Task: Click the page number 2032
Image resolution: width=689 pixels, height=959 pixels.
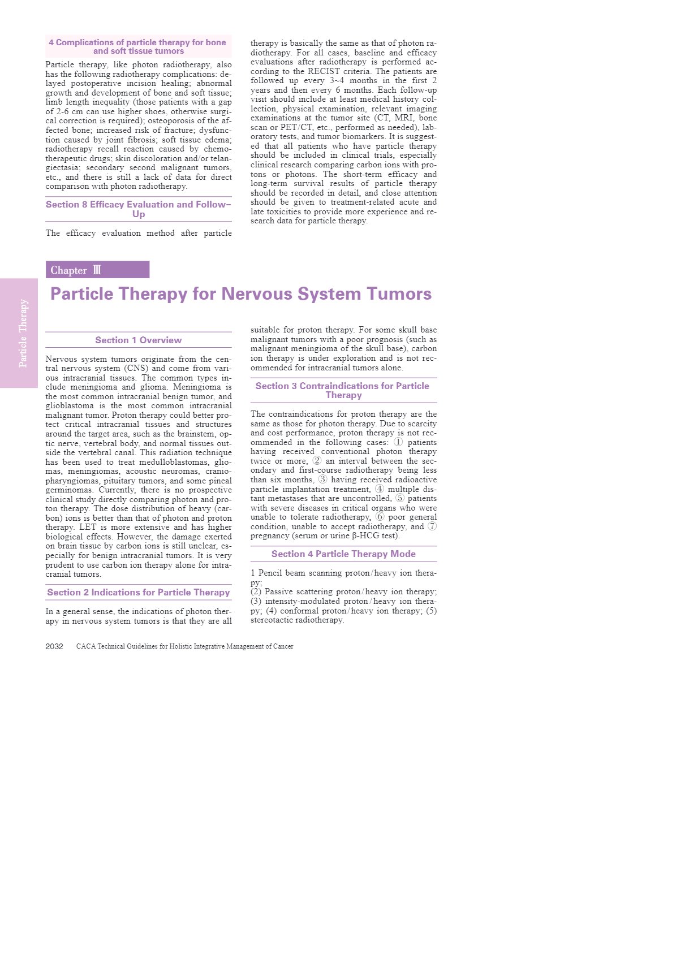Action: coord(54,646)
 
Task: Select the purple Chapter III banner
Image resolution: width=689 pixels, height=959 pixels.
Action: coord(97,270)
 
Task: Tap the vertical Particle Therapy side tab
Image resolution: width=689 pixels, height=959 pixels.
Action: coord(19,333)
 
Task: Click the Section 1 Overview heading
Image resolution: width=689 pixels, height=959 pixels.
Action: coord(139,340)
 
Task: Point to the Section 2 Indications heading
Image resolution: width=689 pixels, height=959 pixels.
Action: coord(139,592)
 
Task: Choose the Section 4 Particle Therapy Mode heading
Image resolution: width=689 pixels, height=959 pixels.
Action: coord(343,554)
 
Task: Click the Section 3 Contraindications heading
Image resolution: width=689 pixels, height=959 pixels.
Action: coord(342,390)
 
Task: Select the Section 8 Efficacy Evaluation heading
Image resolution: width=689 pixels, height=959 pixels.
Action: coord(139,209)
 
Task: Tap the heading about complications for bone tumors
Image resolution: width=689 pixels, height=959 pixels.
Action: coord(139,46)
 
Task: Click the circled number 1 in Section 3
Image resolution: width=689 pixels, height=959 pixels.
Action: coord(398,442)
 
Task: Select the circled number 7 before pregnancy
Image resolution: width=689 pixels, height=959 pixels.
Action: coord(432,526)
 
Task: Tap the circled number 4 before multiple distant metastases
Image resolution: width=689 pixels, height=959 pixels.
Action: coord(379,489)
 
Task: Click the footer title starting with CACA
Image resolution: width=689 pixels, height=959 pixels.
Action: coord(184,646)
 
